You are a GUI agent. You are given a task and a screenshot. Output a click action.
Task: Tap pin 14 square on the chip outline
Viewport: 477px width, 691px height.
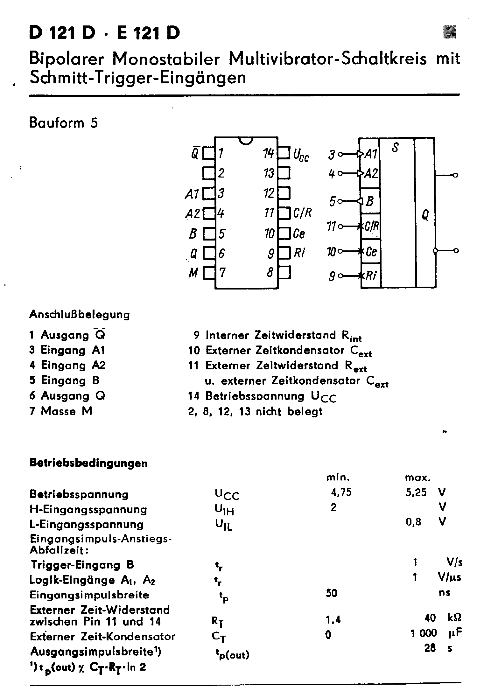pyautogui.click(x=284, y=153)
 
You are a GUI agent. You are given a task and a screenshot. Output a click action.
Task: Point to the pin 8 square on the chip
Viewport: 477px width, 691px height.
pyautogui.click(x=284, y=273)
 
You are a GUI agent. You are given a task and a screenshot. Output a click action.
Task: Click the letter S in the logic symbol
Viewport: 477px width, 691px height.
pyautogui.click(x=395, y=148)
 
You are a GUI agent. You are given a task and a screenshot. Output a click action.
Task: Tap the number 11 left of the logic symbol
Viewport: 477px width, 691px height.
pyautogui.click(x=332, y=227)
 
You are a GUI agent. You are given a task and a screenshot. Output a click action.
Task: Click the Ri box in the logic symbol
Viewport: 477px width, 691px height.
pyautogui.click(x=371, y=276)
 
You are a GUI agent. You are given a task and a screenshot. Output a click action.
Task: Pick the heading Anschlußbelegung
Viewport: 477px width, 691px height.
pyautogui.click(x=80, y=315)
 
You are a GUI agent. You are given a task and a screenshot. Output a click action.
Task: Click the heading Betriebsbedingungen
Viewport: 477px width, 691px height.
pyautogui.click(x=88, y=463)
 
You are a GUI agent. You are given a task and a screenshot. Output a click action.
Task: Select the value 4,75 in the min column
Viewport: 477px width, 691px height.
pyautogui.click(x=341, y=493)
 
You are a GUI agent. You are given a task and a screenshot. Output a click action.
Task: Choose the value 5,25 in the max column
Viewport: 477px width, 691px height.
pyautogui.click(x=416, y=493)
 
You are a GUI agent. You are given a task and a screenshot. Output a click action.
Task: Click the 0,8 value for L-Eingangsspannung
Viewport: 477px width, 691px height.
pyautogui.click(x=413, y=522)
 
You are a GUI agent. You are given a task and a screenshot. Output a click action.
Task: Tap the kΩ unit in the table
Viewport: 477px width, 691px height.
pyautogui.click(x=454, y=618)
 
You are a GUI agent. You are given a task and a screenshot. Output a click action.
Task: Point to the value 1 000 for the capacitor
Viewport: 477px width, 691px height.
pyautogui.click(x=424, y=633)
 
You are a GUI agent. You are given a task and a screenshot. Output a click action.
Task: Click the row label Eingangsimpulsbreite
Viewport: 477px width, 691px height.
pyautogui.click(x=89, y=595)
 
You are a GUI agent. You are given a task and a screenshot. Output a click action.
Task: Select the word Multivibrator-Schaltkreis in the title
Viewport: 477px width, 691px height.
pyautogui.click(x=328, y=59)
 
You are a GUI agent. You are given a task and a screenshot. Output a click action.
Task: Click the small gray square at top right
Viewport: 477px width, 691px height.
pyautogui.click(x=450, y=32)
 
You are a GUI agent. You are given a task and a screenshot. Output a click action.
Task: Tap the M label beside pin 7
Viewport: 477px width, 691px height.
pyautogui.click(x=193, y=273)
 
